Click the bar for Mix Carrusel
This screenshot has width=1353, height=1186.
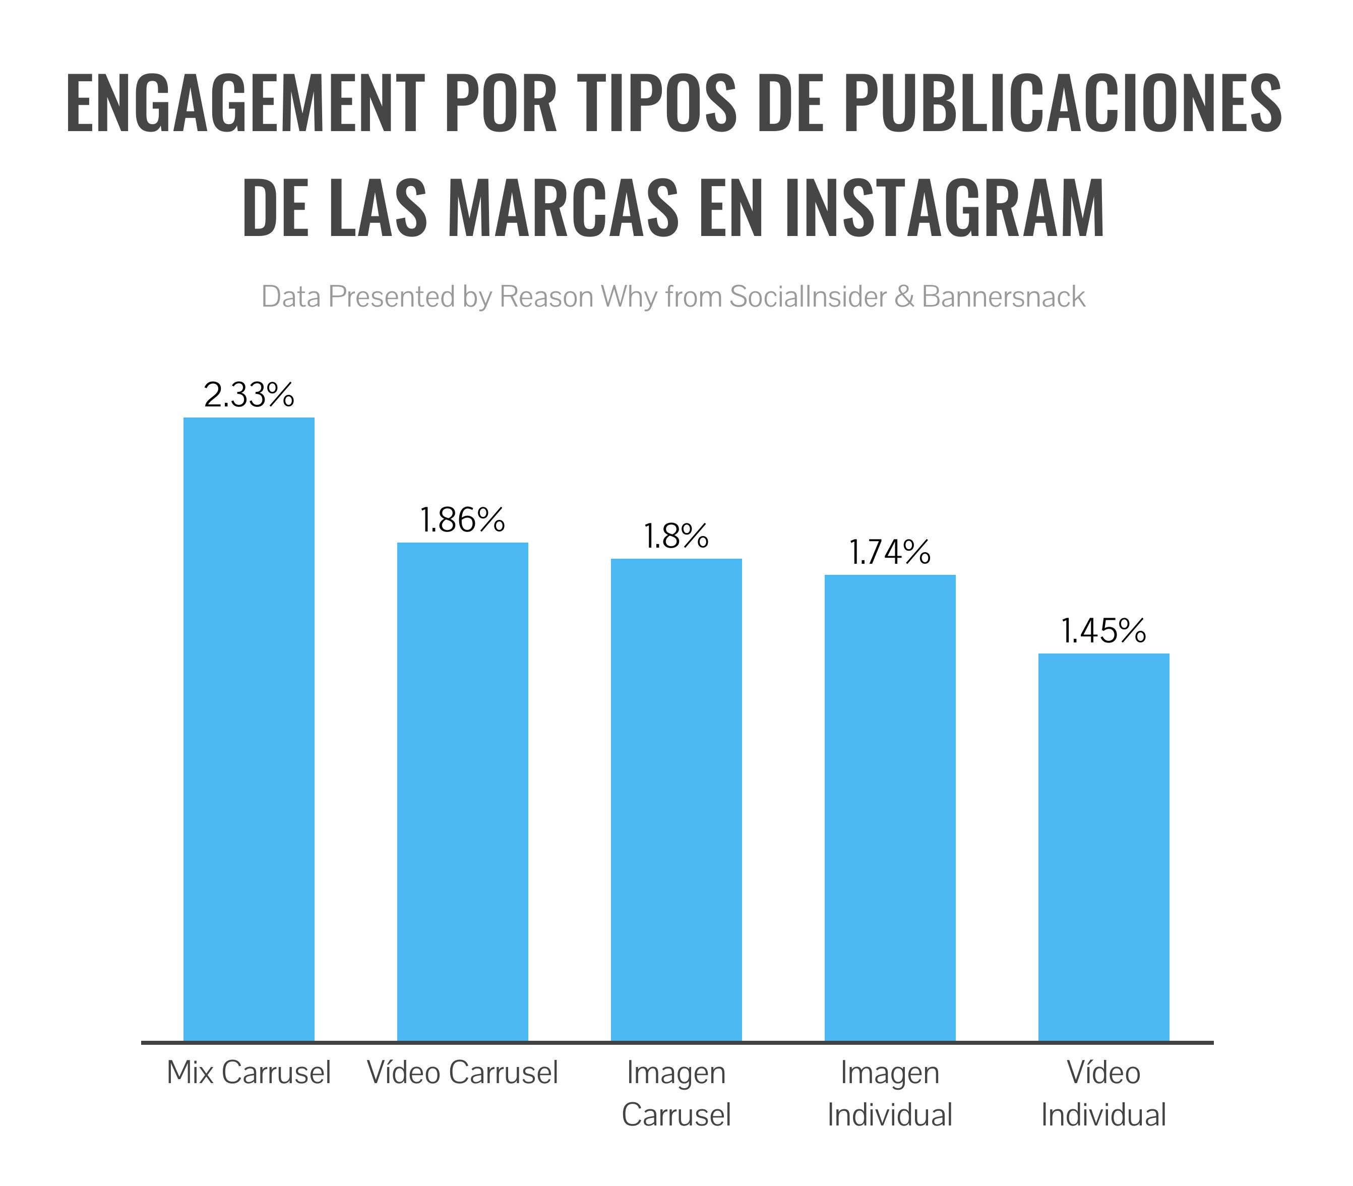[249, 729]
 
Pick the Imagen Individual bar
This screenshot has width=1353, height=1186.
[890, 807]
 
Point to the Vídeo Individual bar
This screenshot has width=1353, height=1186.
[1103, 847]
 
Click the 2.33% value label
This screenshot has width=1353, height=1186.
[249, 395]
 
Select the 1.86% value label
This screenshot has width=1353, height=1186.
[462, 520]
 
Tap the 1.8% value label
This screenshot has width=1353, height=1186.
[676, 536]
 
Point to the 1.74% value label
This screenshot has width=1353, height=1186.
[890, 553]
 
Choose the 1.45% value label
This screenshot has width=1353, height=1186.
[1103, 631]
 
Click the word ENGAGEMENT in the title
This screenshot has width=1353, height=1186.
[245, 104]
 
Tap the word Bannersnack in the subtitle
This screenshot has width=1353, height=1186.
[1003, 297]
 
